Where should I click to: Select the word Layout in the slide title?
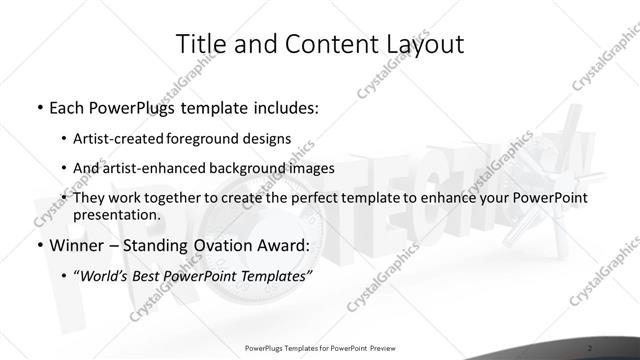click(x=424, y=44)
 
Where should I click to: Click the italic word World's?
click(x=104, y=276)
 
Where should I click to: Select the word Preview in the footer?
click(x=381, y=348)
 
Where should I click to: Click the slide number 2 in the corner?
click(x=591, y=348)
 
